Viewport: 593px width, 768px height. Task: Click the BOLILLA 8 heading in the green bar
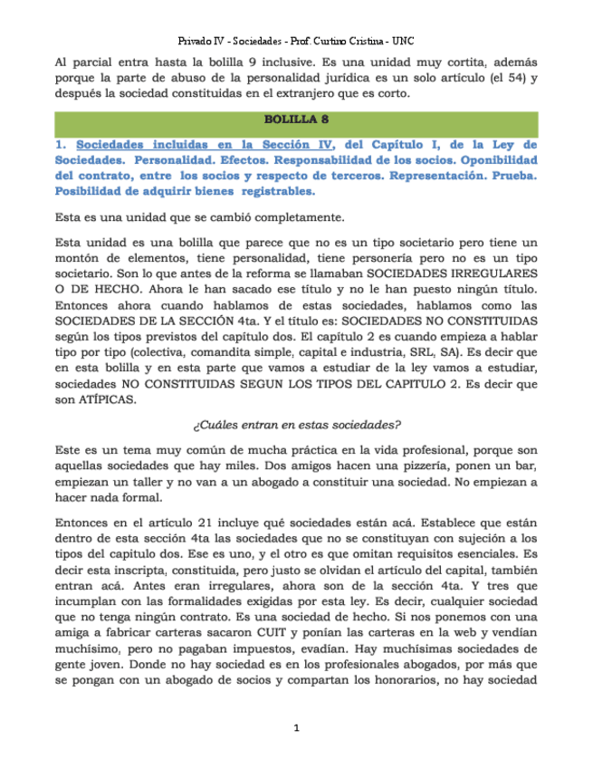pyautogui.click(x=296, y=120)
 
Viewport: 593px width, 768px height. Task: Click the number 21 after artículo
pyautogui.click(x=176, y=521)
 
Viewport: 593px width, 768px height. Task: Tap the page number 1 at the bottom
pyautogui.click(x=296, y=728)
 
